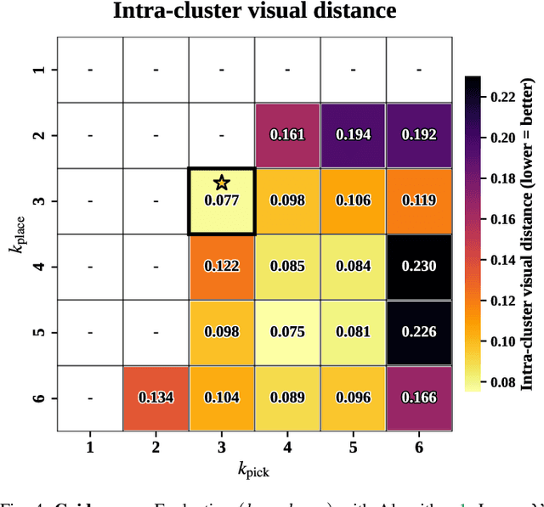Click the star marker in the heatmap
point(222,182)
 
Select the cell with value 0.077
point(222,200)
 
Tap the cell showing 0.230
point(419,266)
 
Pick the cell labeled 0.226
point(419,331)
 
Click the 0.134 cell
point(156,397)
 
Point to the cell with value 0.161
point(287,135)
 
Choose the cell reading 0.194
point(353,135)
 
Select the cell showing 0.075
point(287,331)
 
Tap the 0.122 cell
point(222,266)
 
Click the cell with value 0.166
point(419,397)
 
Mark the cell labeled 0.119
point(419,200)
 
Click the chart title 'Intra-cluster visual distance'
point(255,12)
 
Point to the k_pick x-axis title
point(254,470)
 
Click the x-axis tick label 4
point(287,447)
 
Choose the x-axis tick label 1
point(90,447)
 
